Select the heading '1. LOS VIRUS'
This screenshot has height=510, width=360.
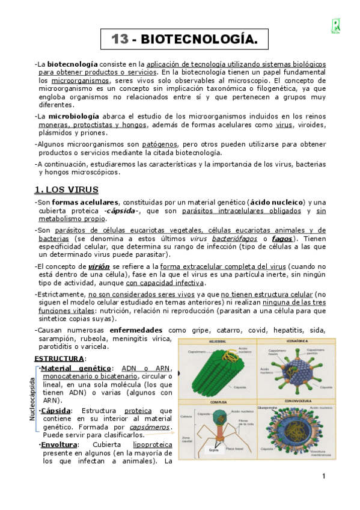point(66,190)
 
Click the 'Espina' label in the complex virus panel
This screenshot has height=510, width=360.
point(213,449)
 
